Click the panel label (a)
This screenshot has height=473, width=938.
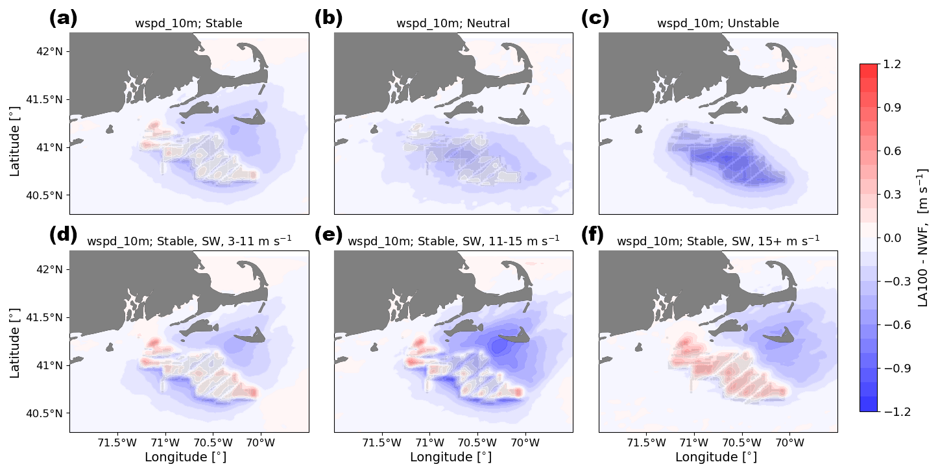click(63, 18)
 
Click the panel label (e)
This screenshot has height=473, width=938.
click(328, 236)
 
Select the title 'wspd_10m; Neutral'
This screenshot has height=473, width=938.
click(453, 24)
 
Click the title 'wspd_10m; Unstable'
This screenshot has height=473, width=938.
click(717, 24)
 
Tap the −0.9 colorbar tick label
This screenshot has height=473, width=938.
click(896, 369)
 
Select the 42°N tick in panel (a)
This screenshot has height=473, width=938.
click(48, 52)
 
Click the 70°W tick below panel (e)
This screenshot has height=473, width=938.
click(525, 443)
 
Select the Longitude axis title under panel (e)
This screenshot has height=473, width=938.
click(453, 457)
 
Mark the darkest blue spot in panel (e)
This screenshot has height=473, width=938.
click(498, 346)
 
